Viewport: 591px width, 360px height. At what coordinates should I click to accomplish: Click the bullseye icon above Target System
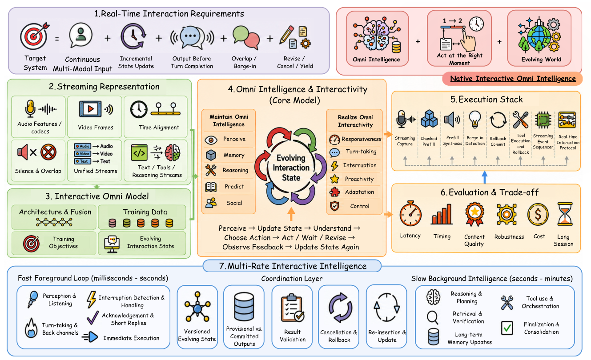[x=34, y=36]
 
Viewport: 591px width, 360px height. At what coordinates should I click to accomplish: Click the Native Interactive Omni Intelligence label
[x=513, y=79]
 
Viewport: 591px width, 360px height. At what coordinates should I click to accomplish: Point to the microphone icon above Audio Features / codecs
[x=30, y=108]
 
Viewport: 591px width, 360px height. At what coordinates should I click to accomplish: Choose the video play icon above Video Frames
[x=90, y=108]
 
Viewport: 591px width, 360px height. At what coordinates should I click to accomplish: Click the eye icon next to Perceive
[x=211, y=140]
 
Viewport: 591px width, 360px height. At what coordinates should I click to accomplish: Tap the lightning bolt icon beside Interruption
[x=334, y=166]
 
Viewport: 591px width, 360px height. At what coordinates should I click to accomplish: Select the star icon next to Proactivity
[x=334, y=179]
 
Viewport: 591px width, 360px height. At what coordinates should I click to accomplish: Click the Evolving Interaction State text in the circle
[x=291, y=168]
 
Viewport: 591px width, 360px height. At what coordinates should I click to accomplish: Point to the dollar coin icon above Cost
[x=538, y=215]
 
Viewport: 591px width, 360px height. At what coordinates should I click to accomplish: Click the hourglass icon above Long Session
[x=565, y=214]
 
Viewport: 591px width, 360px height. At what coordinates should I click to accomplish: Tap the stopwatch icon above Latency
[x=410, y=214]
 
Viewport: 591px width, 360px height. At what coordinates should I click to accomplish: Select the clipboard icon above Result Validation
[x=292, y=308]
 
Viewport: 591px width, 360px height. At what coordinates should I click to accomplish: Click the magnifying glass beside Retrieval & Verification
[x=433, y=317]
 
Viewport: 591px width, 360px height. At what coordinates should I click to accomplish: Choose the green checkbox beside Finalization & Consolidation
[x=507, y=328]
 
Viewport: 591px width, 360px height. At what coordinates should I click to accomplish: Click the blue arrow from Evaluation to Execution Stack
[x=485, y=177]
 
